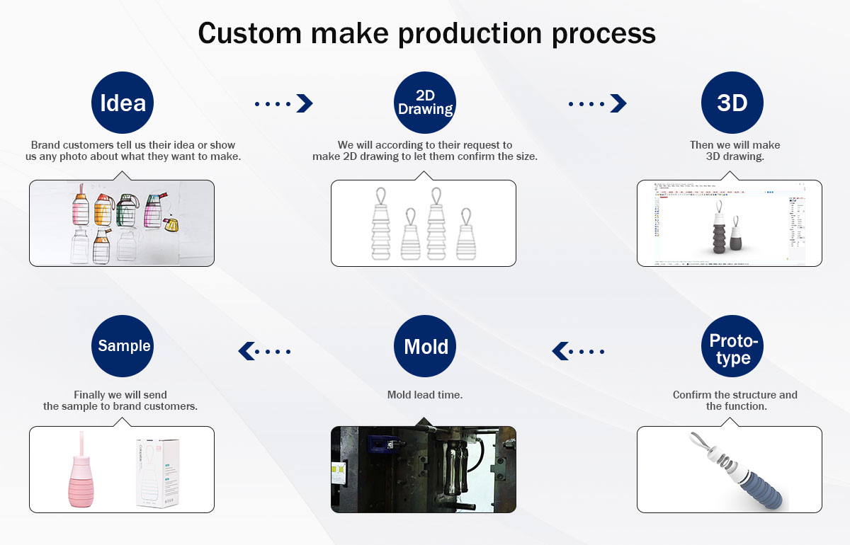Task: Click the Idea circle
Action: (x=123, y=103)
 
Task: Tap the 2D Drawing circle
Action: (x=425, y=103)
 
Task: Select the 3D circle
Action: (x=732, y=103)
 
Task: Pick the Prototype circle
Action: (x=732, y=347)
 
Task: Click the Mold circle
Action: (x=425, y=347)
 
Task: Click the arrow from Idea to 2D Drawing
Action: (x=284, y=103)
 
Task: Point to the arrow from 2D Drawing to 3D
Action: (x=598, y=103)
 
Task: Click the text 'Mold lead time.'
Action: (x=425, y=395)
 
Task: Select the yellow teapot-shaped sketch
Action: (x=171, y=225)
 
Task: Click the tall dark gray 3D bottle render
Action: (x=718, y=230)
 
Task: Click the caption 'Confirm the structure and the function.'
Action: (x=735, y=401)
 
